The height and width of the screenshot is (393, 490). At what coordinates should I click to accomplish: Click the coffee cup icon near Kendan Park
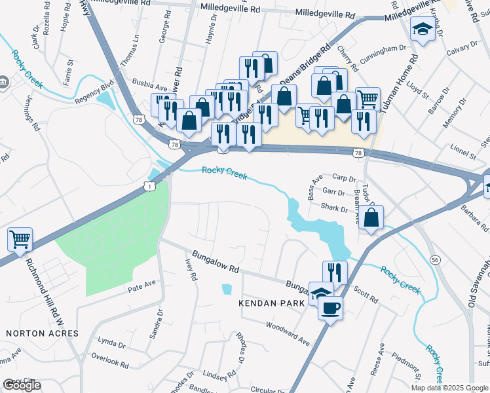tap(331, 307)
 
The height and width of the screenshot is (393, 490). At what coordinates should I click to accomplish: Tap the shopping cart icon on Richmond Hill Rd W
tap(20, 239)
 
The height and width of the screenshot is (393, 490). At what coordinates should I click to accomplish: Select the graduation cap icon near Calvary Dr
tap(421, 29)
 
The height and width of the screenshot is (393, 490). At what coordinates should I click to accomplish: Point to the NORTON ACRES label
tap(42, 333)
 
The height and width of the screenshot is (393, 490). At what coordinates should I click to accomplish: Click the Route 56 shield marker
tap(435, 260)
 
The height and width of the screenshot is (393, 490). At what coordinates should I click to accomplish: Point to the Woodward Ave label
tap(288, 333)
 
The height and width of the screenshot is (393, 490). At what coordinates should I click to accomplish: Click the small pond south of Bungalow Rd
tap(227, 289)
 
